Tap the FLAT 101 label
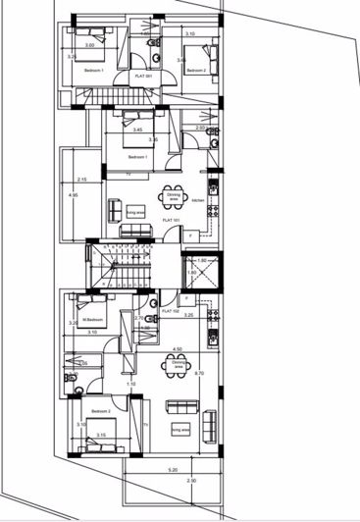(x=174, y=221)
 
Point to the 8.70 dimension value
(x=199, y=374)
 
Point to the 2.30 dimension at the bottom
(x=191, y=481)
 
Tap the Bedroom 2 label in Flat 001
(x=199, y=70)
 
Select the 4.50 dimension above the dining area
(x=177, y=348)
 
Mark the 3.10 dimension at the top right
(x=189, y=34)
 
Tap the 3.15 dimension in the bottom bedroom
(x=101, y=435)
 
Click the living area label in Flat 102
(x=180, y=429)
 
